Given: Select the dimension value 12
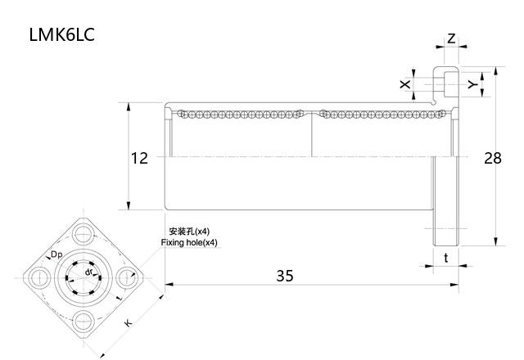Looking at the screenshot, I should point(140,158).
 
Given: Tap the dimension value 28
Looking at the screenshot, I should point(492,158).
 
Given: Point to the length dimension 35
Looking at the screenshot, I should point(284,276).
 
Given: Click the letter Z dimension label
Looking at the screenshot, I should point(451,38).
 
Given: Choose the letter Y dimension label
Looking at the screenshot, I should point(472,84).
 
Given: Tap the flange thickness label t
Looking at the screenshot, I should point(445,258).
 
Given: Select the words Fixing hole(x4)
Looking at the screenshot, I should point(190,243).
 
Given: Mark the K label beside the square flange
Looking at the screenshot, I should point(128,323).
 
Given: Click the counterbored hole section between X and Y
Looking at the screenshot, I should point(446,83).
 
